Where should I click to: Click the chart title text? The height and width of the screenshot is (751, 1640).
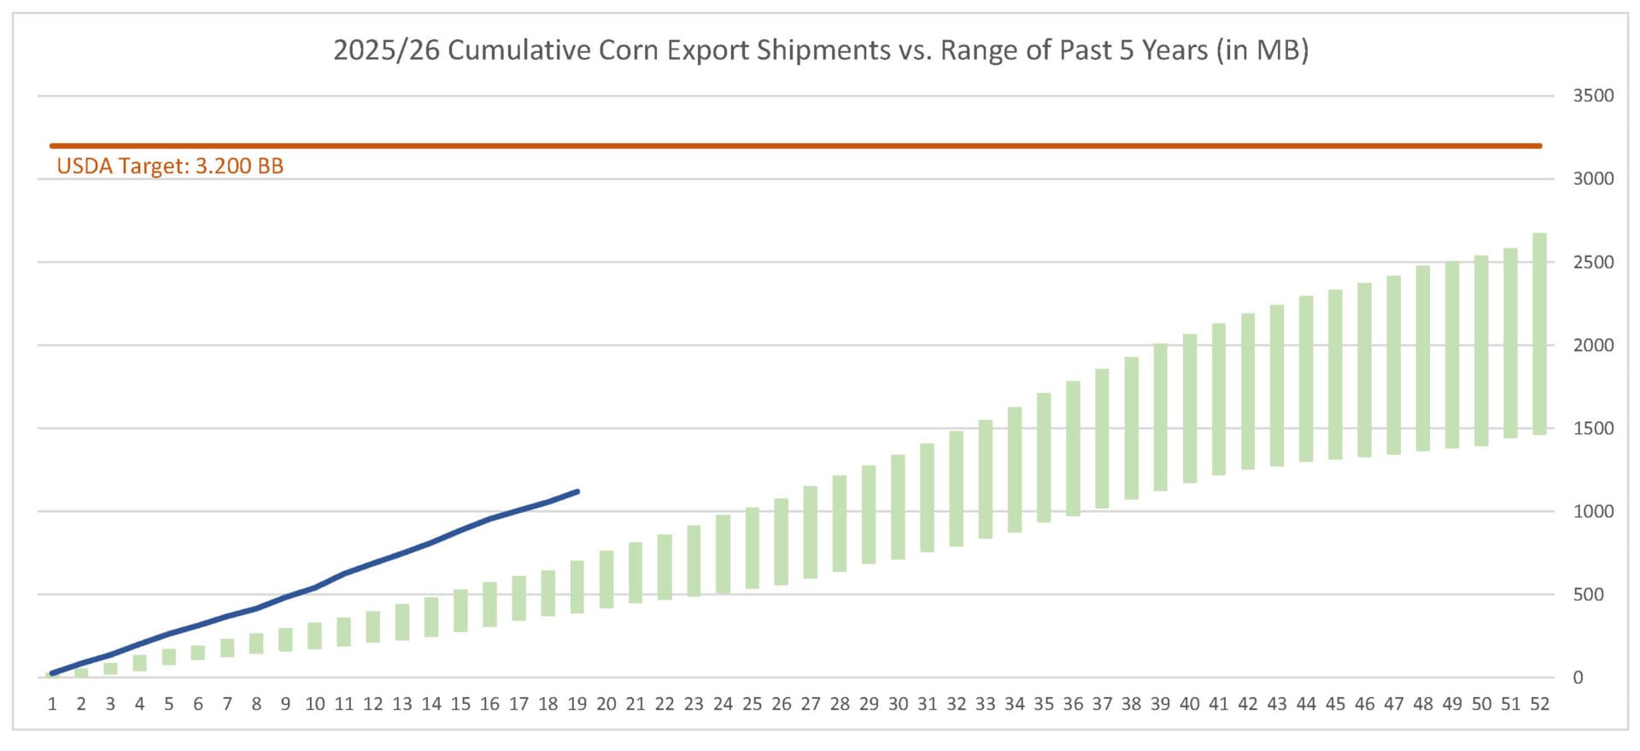coord(820,50)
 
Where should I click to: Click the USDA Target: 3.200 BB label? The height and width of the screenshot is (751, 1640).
coord(170,166)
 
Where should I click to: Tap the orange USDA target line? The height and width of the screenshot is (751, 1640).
coord(794,146)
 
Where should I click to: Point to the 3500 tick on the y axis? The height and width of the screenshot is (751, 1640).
coord(1593,96)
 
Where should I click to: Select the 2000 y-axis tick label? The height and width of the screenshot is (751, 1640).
coord(1593,345)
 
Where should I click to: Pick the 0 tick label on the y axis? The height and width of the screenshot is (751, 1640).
coord(1578,678)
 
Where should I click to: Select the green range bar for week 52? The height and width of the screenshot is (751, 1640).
coord(1539,333)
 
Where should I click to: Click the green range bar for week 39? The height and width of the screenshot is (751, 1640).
coord(1160,417)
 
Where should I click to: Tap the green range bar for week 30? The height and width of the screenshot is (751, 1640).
coord(898,508)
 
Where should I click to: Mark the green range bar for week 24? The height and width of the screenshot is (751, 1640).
coord(723,554)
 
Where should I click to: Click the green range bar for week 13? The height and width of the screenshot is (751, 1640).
coord(402,622)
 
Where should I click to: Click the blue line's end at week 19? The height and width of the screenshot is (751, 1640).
coord(577,491)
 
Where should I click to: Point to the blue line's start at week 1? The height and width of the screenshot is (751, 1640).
coord(52,673)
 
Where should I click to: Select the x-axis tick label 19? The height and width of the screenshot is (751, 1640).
coord(577,704)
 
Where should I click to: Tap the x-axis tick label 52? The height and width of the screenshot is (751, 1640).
coord(1539,704)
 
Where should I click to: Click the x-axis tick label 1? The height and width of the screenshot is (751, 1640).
coord(52,704)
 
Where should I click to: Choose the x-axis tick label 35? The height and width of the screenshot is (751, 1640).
coord(1044,704)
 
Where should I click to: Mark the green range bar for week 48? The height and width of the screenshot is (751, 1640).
coord(1422,358)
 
